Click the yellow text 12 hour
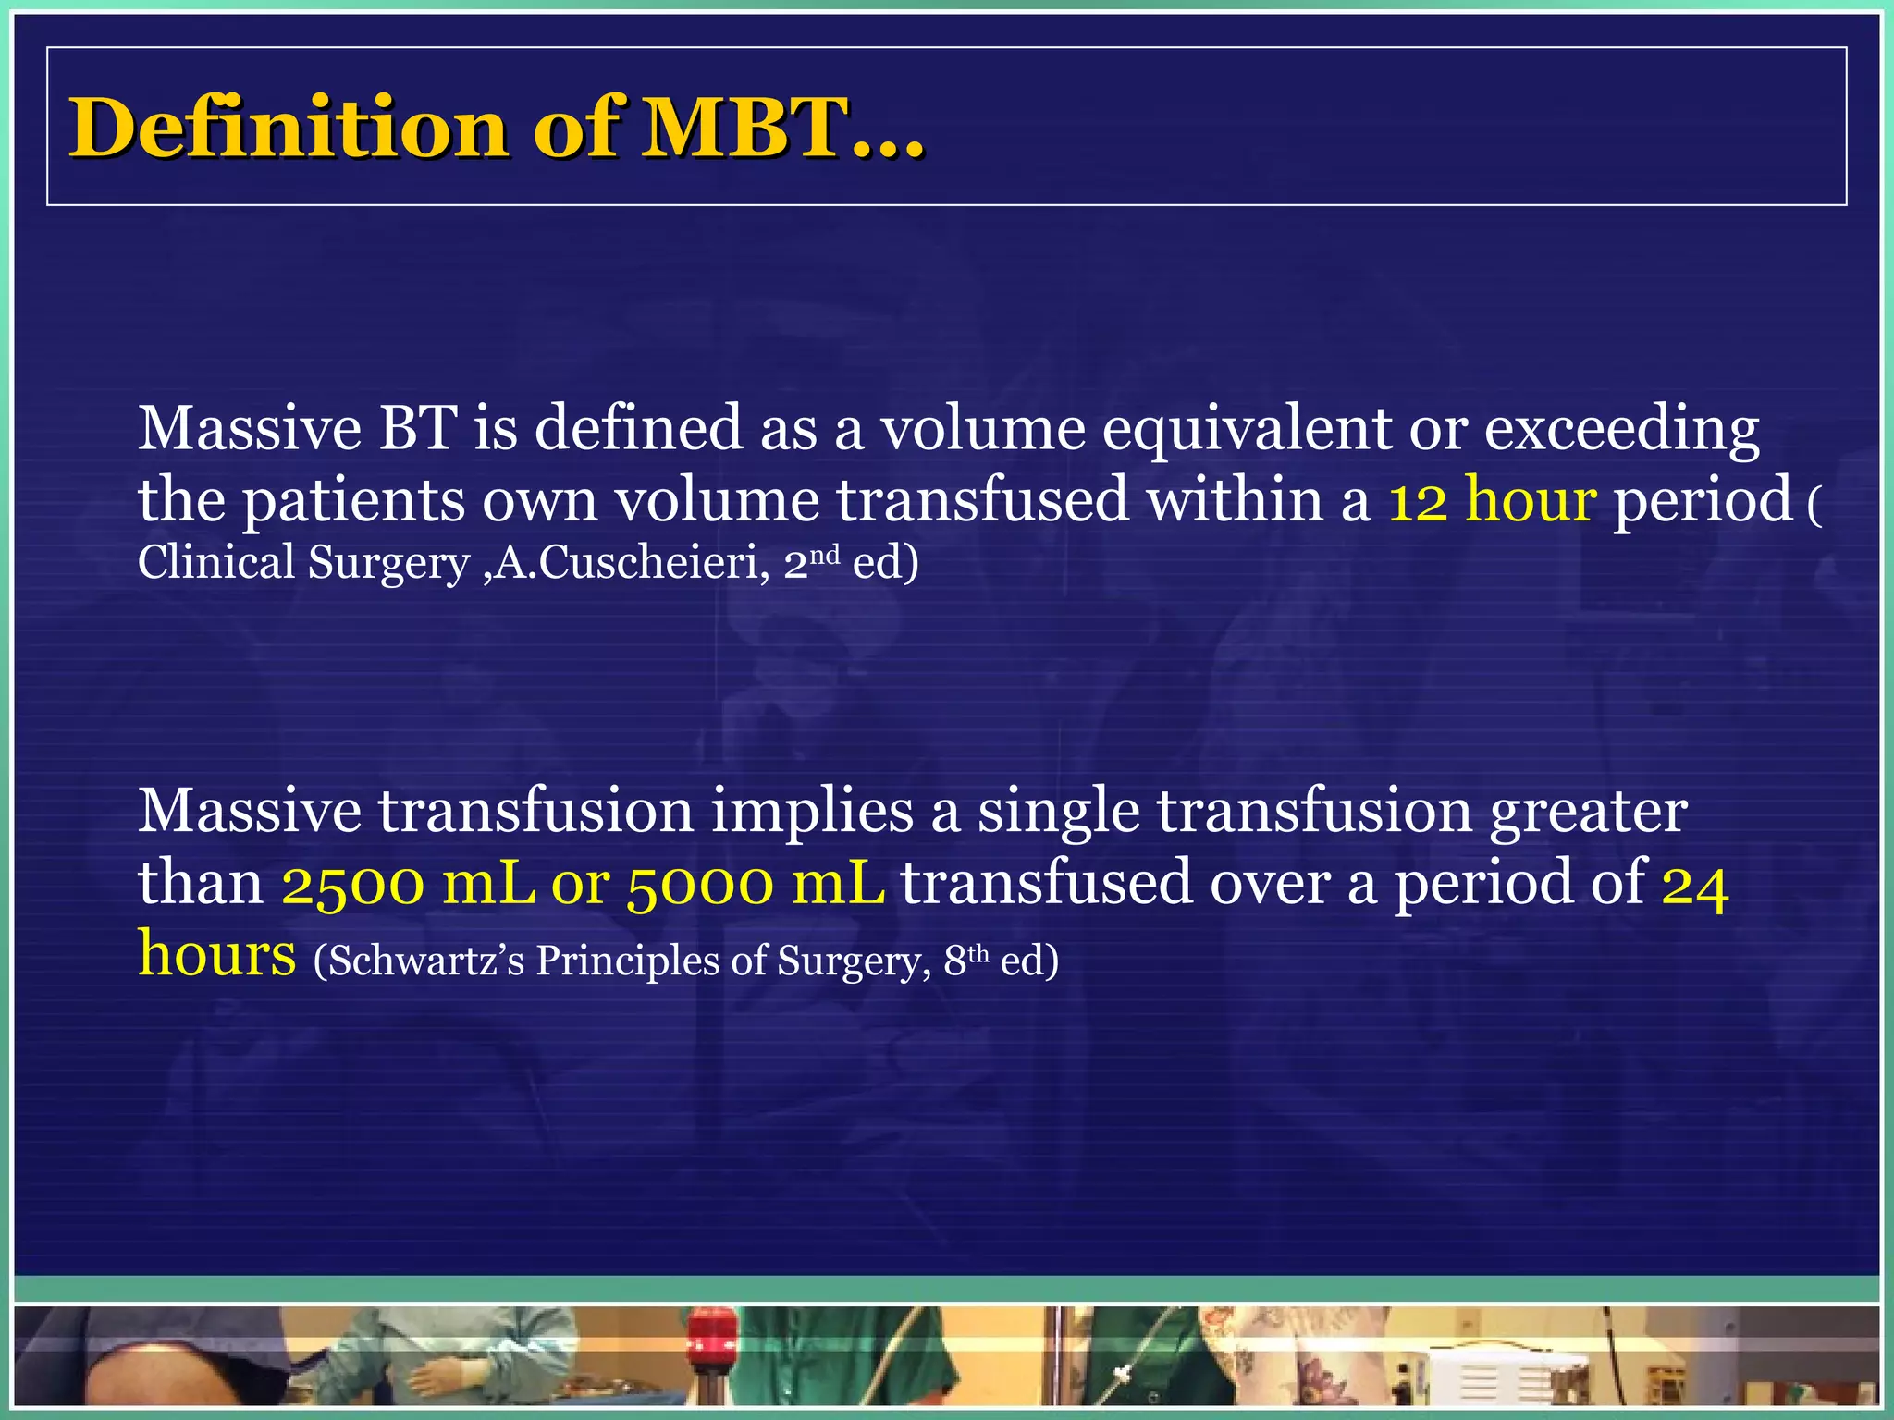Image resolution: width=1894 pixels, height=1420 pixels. [1492, 500]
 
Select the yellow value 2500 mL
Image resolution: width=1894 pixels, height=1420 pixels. [408, 883]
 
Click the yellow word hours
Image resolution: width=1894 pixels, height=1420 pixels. [217, 953]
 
